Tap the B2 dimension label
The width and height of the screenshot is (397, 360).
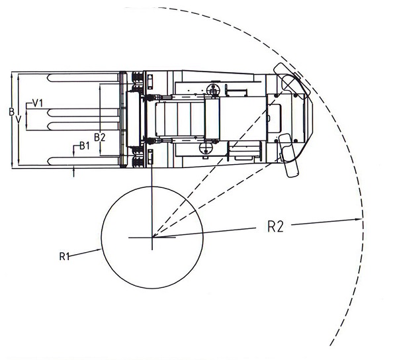(x=100, y=137)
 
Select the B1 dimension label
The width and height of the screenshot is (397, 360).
(x=84, y=145)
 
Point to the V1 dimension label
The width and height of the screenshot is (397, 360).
(x=38, y=103)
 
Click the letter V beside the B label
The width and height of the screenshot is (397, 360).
(x=19, y=120)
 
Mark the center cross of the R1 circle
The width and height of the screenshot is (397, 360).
(x=152, y=238)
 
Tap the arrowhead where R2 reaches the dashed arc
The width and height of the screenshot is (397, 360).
(x=363, y=221)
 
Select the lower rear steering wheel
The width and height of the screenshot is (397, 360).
(x=288, y=155)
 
